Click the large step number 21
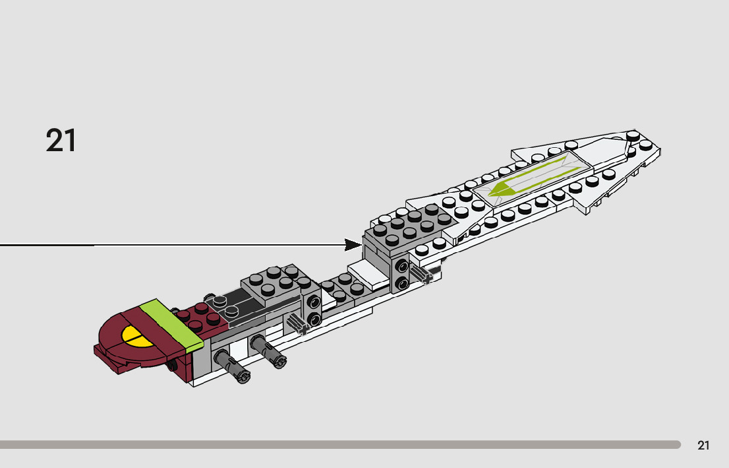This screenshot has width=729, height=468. pos(61,141)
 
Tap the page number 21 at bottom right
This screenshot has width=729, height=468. pos(703,446)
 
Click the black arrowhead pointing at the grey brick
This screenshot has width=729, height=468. pos(353,245)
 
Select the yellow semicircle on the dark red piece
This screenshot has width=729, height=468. pos(137,337)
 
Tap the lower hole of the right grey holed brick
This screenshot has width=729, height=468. pos(401,284)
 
